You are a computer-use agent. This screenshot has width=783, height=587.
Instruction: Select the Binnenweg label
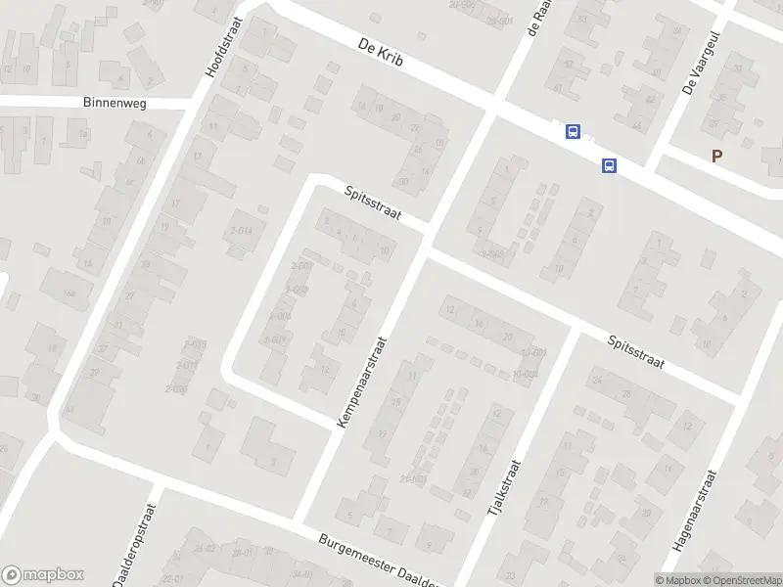tap(115, 103)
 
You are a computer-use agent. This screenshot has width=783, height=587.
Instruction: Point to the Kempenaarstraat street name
tap(362, 383)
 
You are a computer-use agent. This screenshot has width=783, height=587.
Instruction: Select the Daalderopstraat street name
tap(135, 546)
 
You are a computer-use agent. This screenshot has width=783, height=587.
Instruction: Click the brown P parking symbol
tap(717, 156)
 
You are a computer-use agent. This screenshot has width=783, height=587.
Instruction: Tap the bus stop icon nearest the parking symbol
tap(609, 165)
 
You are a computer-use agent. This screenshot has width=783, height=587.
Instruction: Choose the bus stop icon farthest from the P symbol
tap(572, 132)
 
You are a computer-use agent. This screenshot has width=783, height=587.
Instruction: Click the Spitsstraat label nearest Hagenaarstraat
tap(635, 352)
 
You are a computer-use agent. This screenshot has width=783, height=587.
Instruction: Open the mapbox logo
tap(42, 575)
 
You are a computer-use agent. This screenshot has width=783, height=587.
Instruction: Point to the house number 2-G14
tap(239, 229)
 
